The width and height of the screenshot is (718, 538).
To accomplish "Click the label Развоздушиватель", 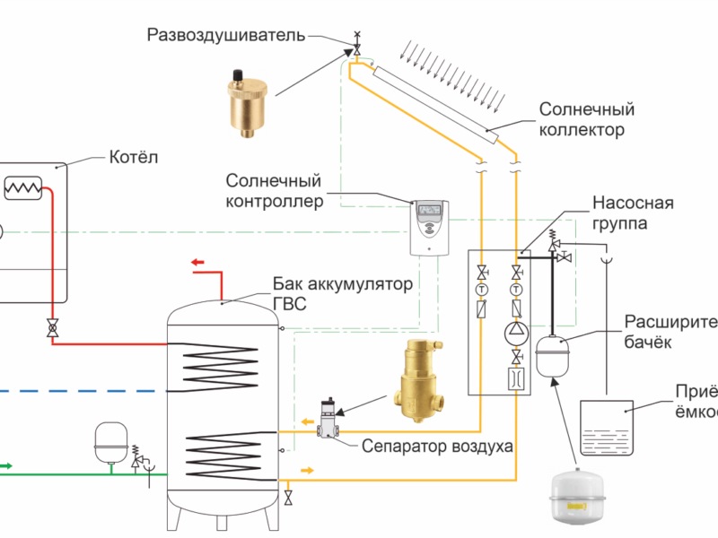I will [226, 35].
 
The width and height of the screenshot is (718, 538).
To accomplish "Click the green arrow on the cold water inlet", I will [4, 465].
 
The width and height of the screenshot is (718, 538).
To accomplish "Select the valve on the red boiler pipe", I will [53, 329].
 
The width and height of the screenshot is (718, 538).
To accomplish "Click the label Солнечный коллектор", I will [587, 119].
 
